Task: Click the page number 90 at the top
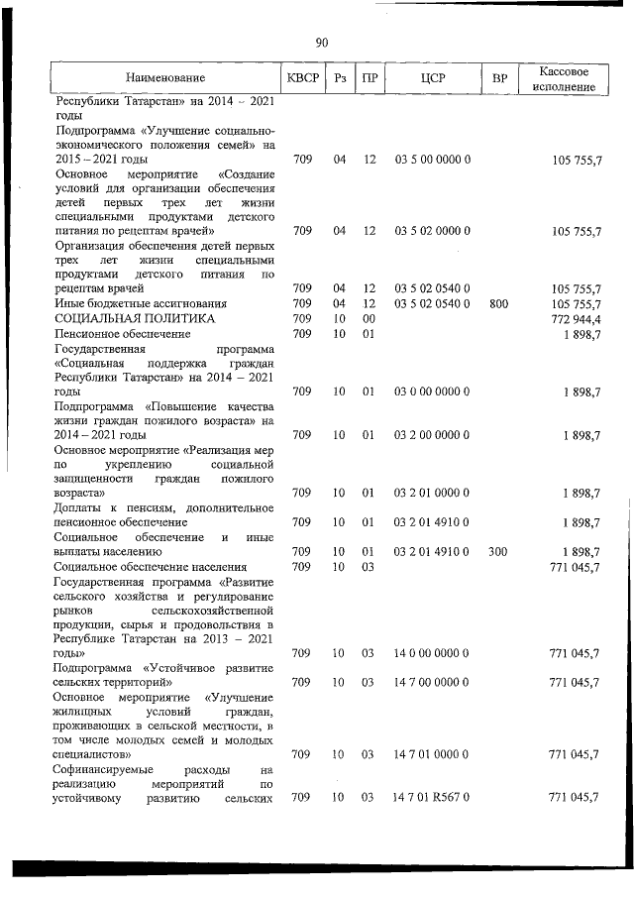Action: pos(321,42)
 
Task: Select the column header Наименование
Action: pos(165,78)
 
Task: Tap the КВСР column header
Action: pos(302,77)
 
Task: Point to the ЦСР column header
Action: pos(432,77)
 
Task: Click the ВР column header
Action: pos(498,77)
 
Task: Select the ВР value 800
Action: pos(498,303)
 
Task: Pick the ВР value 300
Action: pos(498,551)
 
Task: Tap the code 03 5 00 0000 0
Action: pos(432,160)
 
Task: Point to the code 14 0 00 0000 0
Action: pos(432,653)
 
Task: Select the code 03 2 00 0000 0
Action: pos(432,435)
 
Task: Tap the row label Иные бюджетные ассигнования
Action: pos(141,303)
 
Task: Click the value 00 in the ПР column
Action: pos(369,319)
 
